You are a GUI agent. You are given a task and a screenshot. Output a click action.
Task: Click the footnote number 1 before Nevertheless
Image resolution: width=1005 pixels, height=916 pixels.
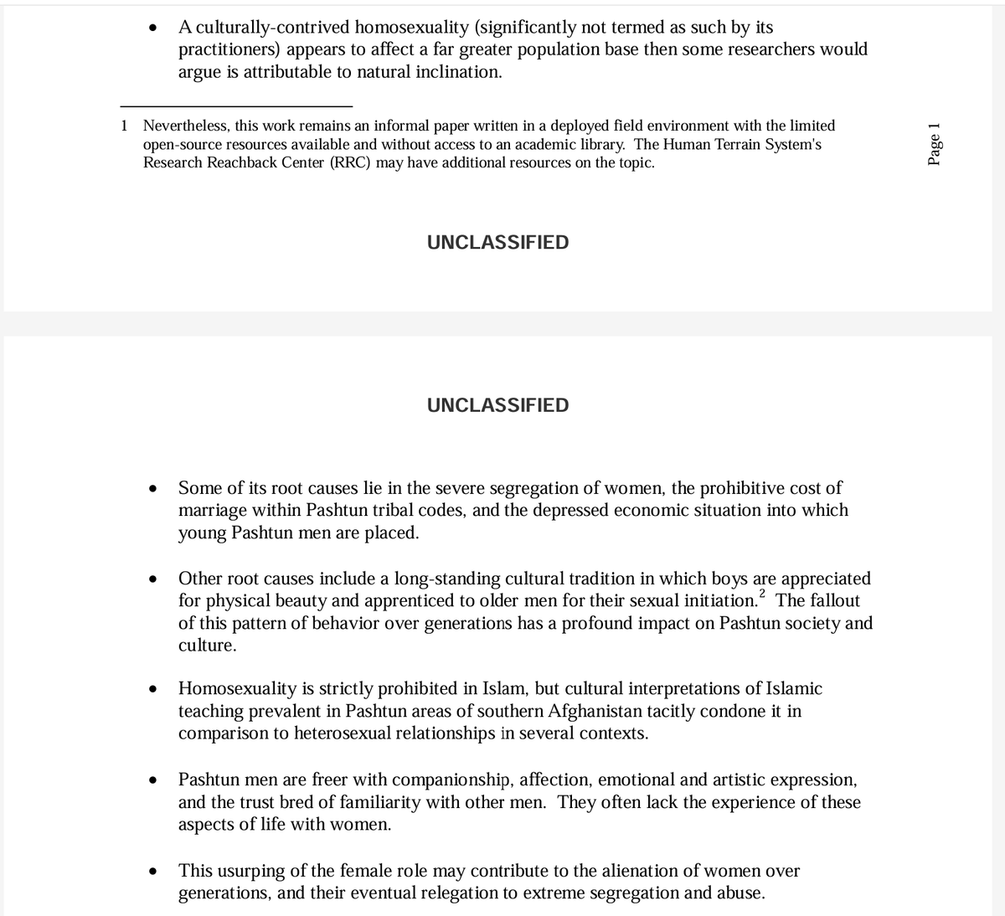coord(125,126)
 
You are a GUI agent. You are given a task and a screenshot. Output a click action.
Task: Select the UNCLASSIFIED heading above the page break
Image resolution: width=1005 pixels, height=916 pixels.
coord(497,243)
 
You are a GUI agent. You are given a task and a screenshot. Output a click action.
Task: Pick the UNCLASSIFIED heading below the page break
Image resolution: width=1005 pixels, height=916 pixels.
coord(497,405)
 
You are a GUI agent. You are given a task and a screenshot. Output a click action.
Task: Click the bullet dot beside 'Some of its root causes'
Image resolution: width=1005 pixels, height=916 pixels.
coord(152,488)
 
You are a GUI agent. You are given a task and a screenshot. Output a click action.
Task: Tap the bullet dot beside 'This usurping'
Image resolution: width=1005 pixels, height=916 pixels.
coord(152,872)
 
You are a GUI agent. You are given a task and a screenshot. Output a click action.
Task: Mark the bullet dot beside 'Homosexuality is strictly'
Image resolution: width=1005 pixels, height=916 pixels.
coord(152,689)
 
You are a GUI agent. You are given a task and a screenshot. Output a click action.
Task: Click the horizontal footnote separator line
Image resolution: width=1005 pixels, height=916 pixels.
coord(236,105)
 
